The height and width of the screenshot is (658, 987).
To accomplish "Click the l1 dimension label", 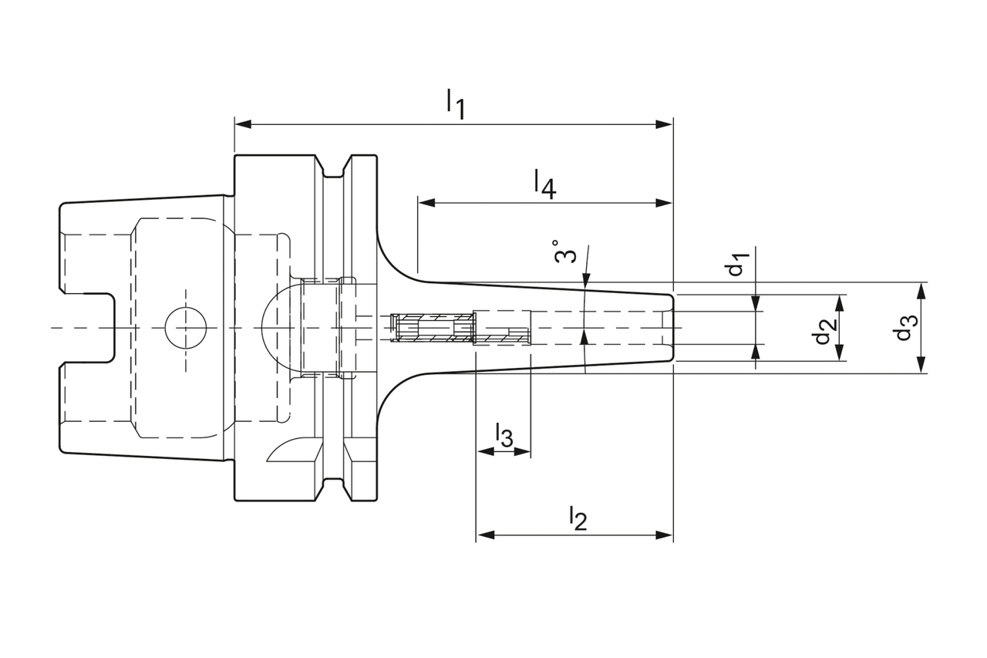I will [455, 103].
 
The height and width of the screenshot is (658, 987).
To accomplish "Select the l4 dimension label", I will [544, 184].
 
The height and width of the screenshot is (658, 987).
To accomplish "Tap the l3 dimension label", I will [503, 435].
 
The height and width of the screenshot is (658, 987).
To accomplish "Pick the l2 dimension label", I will [578, 518].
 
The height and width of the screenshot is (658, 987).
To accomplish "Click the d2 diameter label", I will [823, 331].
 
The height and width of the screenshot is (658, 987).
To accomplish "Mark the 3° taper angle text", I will [565, 251].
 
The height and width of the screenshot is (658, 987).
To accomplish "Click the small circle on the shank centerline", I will [186, 328].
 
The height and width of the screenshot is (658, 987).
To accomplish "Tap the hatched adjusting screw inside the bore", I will [432, 329].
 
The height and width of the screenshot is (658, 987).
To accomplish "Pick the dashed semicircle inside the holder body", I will [278, 328].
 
